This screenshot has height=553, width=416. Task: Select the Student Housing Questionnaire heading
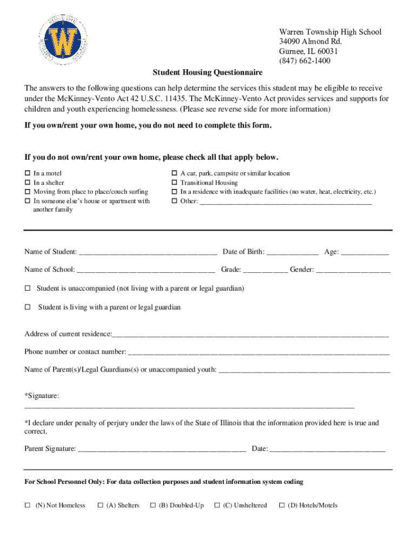click(207, 72)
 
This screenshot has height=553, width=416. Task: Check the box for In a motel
click(28, 173)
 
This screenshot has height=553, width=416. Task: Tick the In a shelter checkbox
click(28, 183)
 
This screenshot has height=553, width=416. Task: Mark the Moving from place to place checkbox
click(28, 192)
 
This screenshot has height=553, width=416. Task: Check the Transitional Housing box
click(175, 183)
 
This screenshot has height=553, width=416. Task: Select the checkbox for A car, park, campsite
click(175, 173)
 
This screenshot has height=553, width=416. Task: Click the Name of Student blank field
click(147, 252)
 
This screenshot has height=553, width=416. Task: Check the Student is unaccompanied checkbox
click(28, 288)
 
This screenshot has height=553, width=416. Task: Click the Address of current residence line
click(250, 334)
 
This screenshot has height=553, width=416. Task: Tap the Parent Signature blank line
click(162, 449)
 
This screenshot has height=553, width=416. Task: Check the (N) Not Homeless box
click(28, 505)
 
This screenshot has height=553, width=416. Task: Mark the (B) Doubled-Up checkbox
click(153, 505)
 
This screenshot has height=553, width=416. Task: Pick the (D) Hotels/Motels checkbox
click(281, 505)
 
